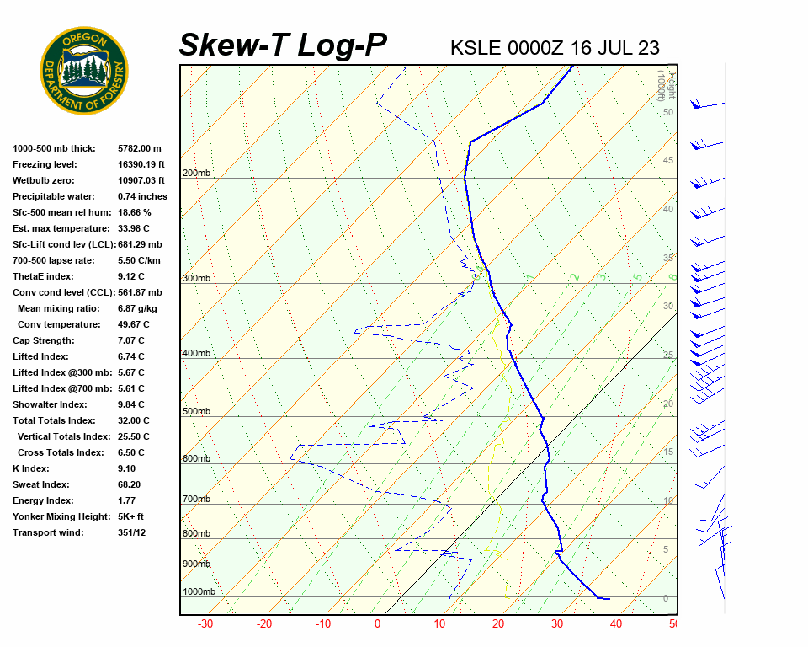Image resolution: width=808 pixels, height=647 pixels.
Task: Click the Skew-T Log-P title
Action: pyautogui.click(x=283, y=45)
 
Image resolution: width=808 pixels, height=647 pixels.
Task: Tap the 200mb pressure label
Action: pyautogui.click(x=196, y=174)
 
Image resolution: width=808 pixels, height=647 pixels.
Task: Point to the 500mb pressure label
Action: pyautogui.click(x=196, y=412)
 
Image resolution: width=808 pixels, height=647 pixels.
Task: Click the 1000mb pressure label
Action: pyautogui.click(x=199, y=591)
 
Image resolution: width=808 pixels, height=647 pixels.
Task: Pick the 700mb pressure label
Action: pyautogui.click(x=196, y=500)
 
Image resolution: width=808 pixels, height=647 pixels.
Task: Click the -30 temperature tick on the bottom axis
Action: pyautogui.click(x=205, y=624)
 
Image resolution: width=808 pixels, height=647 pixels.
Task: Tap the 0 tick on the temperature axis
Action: pyautogui.click(x=377, y=624)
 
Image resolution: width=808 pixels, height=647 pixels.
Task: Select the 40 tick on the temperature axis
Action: pyautogui.click(x=616, y=624)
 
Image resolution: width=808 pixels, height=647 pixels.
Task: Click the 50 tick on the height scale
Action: pyautogui.click(x=667, y=112)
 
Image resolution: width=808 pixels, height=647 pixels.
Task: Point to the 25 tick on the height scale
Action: pyautogui.click(x=668, y=356)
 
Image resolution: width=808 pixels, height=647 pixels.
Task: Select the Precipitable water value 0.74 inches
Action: pyautogui.click(x=142, y=196)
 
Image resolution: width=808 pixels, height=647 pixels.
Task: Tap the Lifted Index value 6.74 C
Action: pyautogui.click(x=130, y=356)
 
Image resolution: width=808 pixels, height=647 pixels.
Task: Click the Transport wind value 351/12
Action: pyautogui.click(x=131, y=532)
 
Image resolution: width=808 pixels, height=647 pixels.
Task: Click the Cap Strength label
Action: pyautogui.click(x=43, y=340)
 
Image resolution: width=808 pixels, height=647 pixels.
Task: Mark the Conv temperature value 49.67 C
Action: pyautogui.click(x=133, y=324)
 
